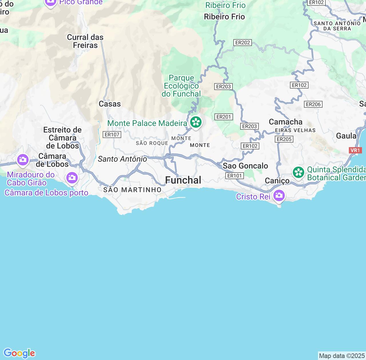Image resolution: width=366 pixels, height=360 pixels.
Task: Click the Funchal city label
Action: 183,180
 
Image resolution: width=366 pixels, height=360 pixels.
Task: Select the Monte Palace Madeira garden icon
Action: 196,122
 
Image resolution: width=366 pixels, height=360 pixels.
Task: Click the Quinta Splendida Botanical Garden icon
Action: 299,172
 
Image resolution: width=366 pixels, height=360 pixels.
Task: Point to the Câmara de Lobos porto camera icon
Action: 72,178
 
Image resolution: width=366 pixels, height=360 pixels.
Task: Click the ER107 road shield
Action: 112,134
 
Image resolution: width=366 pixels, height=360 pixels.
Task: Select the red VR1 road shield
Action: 355,150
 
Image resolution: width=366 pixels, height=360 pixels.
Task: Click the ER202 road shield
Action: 242,43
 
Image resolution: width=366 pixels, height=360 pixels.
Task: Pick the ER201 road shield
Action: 224,117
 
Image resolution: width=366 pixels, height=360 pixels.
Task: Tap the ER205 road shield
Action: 284,139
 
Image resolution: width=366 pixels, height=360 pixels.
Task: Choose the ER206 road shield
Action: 313,104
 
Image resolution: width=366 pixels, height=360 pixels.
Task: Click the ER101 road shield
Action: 234,176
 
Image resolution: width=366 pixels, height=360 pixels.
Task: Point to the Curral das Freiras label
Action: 85,41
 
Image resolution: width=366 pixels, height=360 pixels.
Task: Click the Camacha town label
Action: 285,122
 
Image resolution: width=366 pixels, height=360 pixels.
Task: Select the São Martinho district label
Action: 132,190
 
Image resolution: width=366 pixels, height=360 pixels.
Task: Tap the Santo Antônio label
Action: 122,159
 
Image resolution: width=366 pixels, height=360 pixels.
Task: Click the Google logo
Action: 19,353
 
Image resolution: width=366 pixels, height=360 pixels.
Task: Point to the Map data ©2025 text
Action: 342,356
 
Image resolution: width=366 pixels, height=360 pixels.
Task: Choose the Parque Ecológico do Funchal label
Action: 181,86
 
